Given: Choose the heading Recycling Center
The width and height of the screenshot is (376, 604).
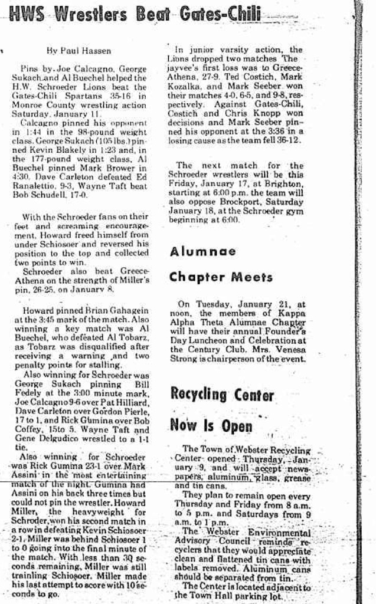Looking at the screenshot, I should point(221,395).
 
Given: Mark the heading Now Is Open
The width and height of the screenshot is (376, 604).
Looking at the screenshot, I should point(211,425).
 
